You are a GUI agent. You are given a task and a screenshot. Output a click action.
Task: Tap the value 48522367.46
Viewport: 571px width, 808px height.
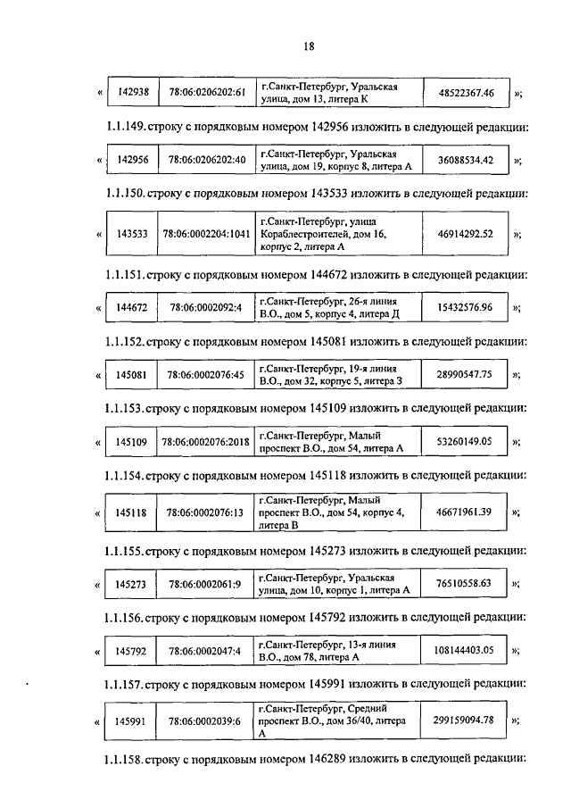(x=465, y=92)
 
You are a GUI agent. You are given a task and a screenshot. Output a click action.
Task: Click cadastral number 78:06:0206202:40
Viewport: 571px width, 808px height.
(x=205, y=160)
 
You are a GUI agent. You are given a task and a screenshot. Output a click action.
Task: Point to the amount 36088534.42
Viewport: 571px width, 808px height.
(x=465, y=160)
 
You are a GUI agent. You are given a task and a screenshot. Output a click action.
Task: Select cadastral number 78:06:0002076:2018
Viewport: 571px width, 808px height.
(x=205, y=442)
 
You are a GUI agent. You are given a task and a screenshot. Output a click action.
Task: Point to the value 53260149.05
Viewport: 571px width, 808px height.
(x=465, y=441)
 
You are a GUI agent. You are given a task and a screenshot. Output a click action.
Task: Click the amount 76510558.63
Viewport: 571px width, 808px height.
(x=465, y=584)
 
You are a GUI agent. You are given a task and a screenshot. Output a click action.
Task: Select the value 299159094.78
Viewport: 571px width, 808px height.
(x=465, y=719)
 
